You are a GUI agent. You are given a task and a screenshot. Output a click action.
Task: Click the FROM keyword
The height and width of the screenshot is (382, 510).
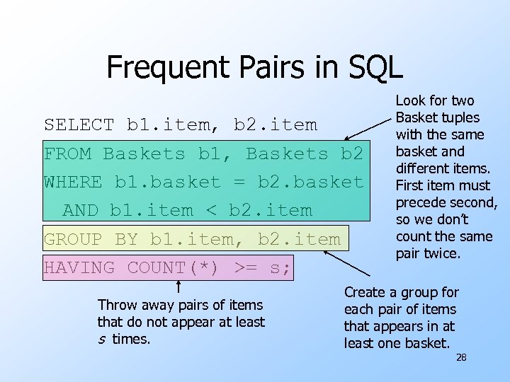coord(67,154)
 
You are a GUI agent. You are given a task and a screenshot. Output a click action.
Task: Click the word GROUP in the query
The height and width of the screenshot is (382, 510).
coord(73,239)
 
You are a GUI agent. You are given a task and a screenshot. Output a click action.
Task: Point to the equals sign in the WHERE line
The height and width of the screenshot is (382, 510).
coord(239,182)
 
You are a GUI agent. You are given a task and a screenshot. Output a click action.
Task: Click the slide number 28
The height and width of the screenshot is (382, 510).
coord(461,358)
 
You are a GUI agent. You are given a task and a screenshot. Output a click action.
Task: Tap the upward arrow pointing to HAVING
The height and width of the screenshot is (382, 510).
coord(179,286)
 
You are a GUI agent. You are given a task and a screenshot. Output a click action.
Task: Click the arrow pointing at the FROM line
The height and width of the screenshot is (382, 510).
coord(368,125)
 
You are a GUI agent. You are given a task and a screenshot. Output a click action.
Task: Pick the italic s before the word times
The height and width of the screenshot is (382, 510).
coord(101,340)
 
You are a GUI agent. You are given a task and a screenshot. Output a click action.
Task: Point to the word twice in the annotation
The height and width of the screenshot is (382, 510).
coord(444,253)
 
